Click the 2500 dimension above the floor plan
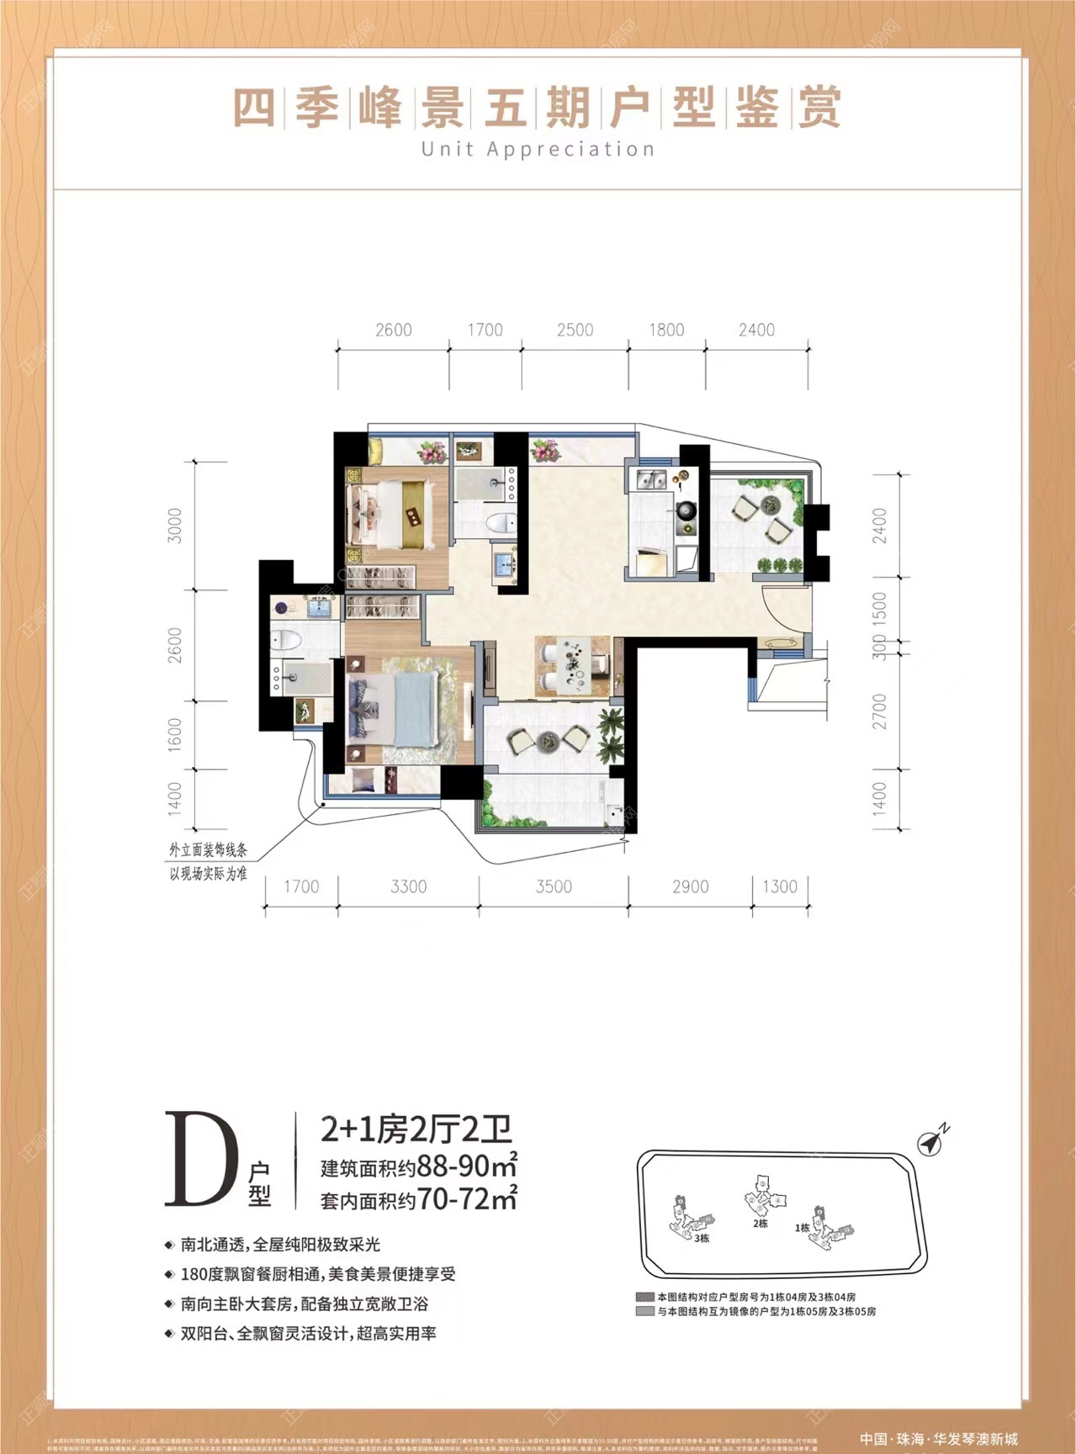(575, 330)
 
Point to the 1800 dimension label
(666, 330)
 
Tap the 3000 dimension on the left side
(175, 525)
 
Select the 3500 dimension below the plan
(554, 886)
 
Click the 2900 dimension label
(691, 886)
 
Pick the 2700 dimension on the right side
(880, 711)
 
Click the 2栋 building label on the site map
(761, 1224)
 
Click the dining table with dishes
(575, 664)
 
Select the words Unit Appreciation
(538, 150)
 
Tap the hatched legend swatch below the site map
(645, 1297)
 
